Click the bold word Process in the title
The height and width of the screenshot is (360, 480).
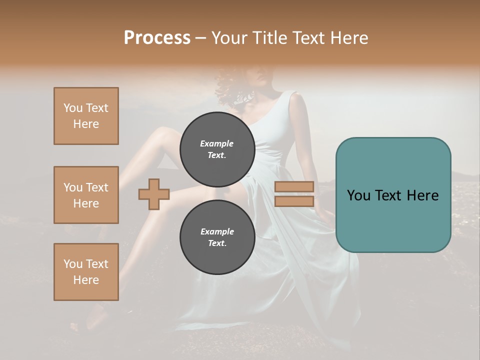point(157,37)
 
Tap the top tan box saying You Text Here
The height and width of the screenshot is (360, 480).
point(86,116)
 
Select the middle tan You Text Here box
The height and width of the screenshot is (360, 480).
point(86,195)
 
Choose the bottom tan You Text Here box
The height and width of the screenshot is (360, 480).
point(86,272)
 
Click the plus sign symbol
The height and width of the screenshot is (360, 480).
point(154,194)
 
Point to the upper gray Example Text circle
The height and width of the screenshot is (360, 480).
point(217,149)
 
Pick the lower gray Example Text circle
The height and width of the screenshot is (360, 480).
point(217,237)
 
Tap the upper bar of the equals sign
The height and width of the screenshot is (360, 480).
point(294,187)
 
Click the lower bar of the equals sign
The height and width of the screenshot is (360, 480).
point(294,201)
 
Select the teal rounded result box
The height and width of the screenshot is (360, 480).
point(393,195)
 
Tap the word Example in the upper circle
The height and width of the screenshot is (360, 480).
point(217,143)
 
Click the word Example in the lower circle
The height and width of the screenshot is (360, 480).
point(217,231)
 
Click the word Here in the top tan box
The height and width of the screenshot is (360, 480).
point(86,124)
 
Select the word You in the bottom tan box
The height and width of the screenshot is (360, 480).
point(73,264)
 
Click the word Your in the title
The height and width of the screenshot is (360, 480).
point(230,37)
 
